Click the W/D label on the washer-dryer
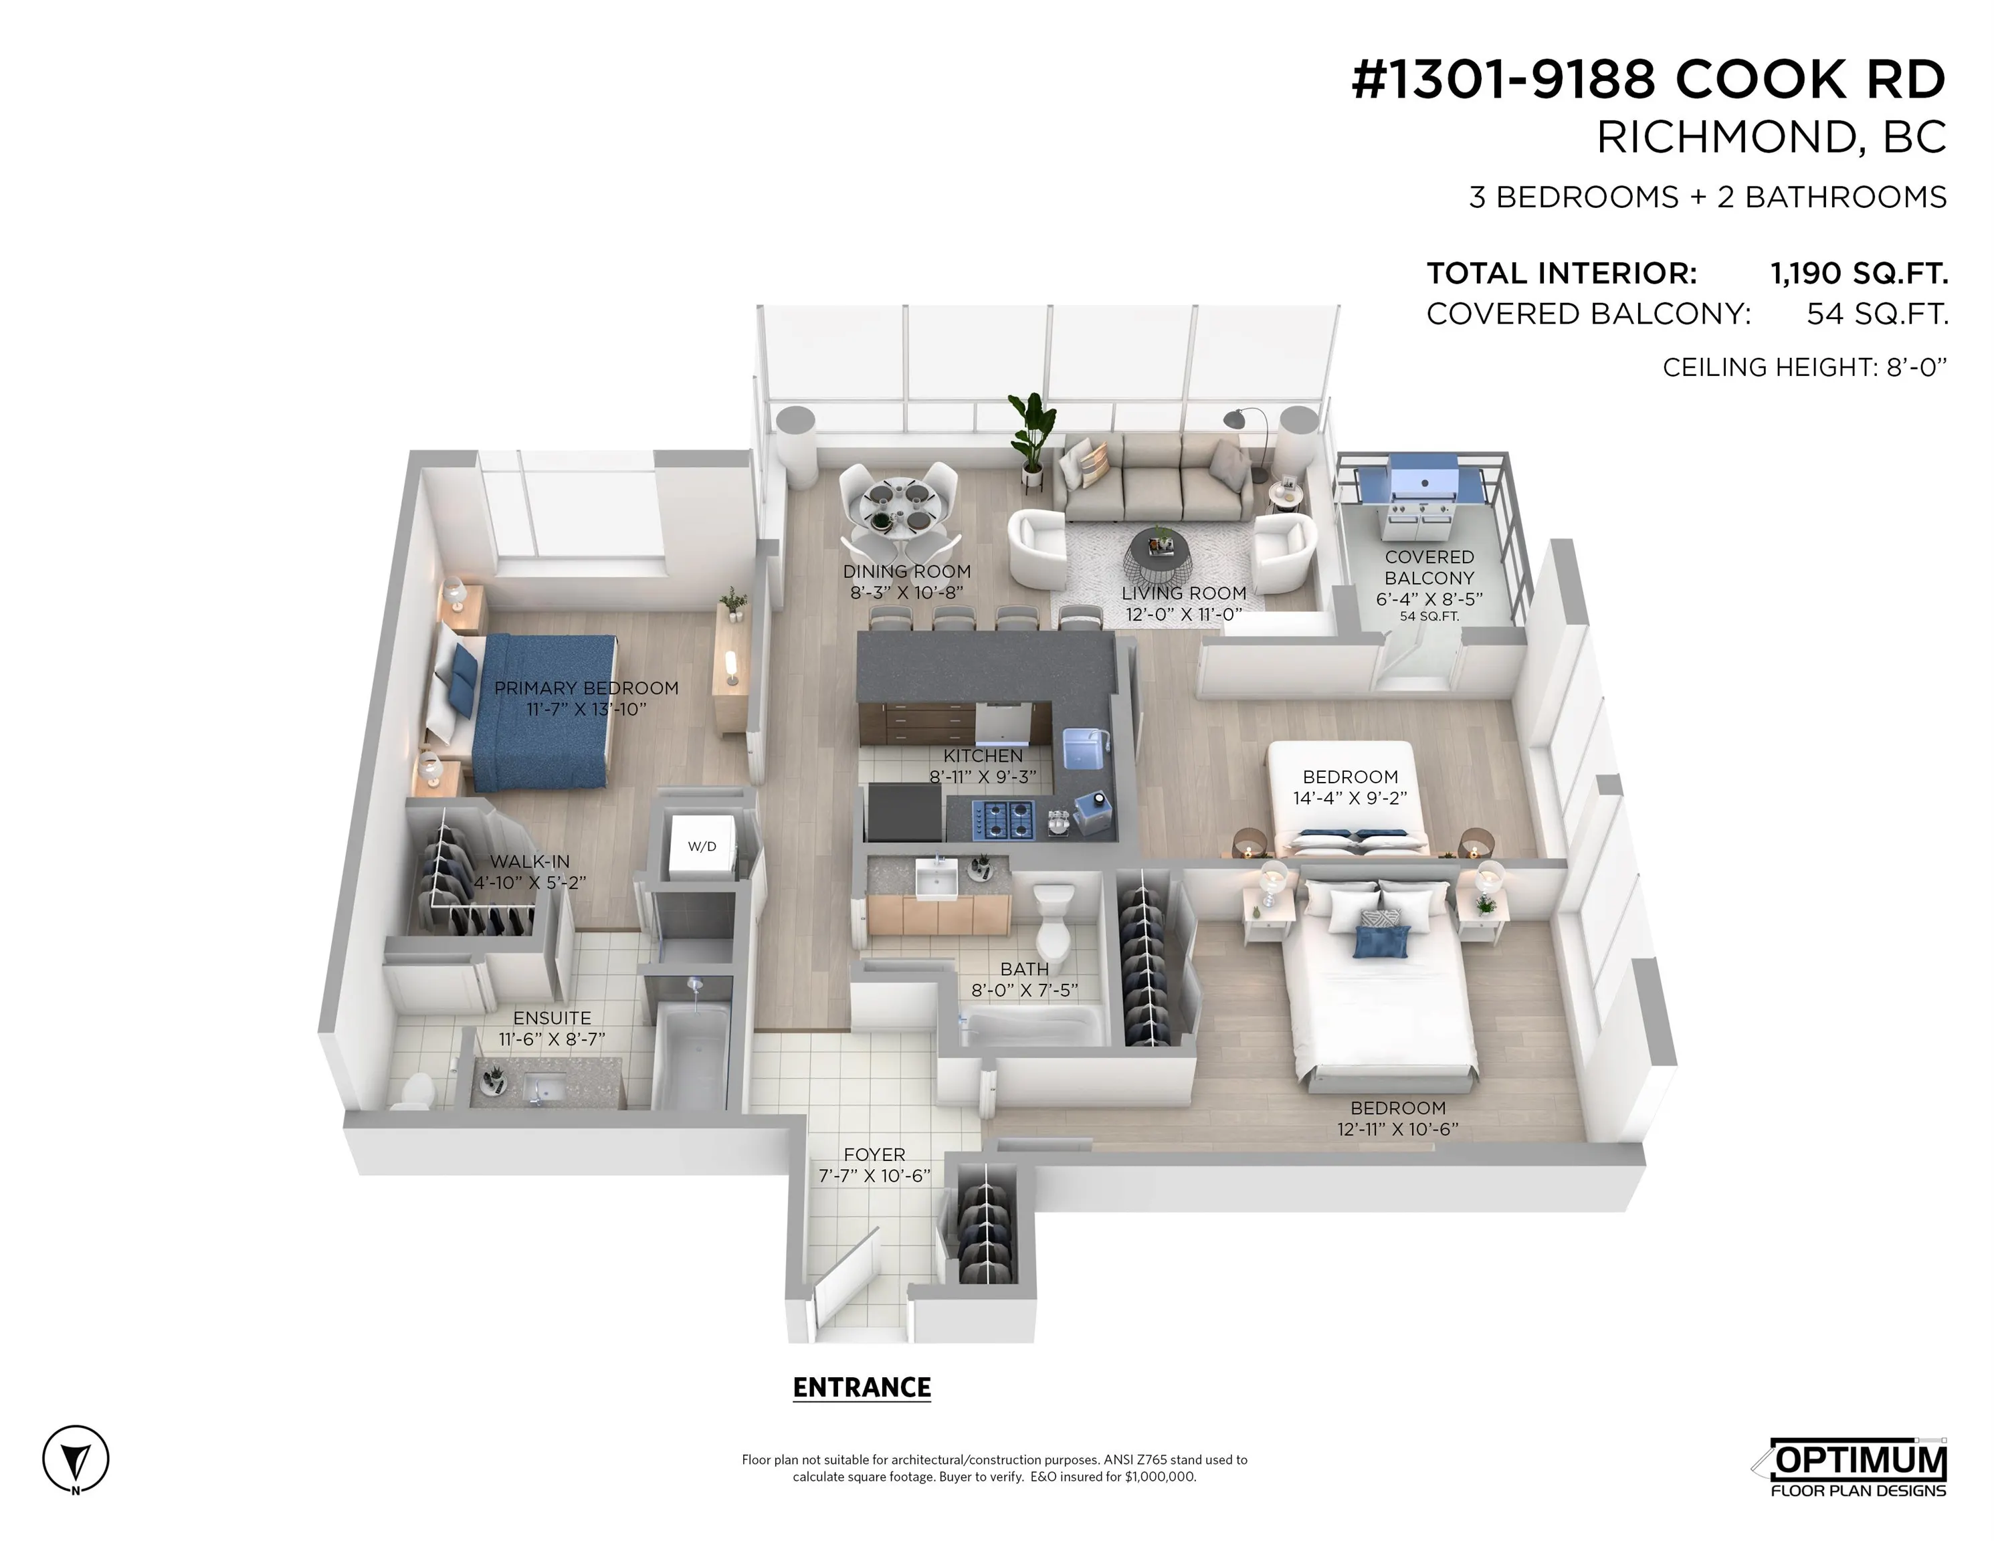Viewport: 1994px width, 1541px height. [x=701, y=846]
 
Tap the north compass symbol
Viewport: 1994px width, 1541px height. [x=76, y=1459]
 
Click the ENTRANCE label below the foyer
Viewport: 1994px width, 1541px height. [x=861, y=1388]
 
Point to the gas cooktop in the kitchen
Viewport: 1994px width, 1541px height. [x=1003, y=819]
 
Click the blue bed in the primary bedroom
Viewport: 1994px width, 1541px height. [x=542, y=712]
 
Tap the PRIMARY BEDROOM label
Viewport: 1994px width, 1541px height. [x=586, y=688]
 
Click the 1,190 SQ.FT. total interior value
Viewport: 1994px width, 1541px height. [x=1859, y=273]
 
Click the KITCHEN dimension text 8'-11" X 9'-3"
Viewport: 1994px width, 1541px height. [x=983, y=777]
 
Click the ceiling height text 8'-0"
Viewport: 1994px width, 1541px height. [x=1916, y=367]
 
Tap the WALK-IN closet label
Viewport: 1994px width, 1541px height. [x=530, y=861]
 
